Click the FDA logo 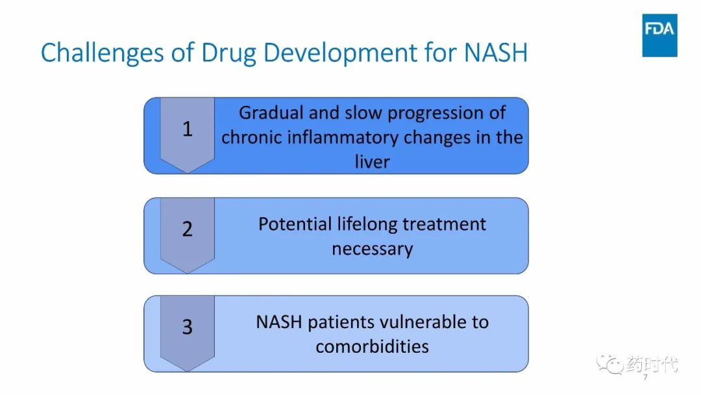(659, 35)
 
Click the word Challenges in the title (103, 53)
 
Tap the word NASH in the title (496, 53)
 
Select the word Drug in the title (228, 53)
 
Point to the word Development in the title (340, 53)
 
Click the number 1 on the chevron (188, 129)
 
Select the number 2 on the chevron (188, 229)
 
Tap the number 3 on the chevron (188, 327)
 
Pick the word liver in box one (373, 162)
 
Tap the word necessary (373, 249)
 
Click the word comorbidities (373, 346)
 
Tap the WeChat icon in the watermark (609, 364)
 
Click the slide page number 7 (645, 377)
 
